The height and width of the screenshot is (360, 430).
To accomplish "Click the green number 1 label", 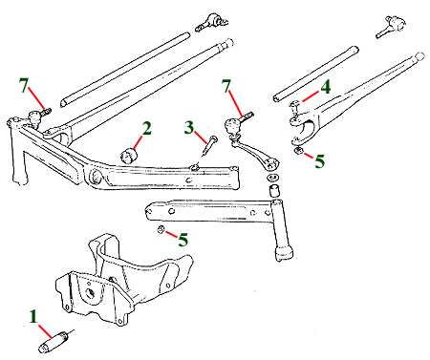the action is click(x=33, y=317).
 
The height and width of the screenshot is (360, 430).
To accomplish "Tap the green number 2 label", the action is click(x=146, y=129).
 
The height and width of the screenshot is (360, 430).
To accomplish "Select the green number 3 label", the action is click(x=189, y=127).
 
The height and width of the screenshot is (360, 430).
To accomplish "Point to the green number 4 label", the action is click(x=326, y=87).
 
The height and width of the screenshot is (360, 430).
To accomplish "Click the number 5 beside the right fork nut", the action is click(x=320, y=161).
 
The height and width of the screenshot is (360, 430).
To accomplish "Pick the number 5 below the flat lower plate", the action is click(x=183, y=240).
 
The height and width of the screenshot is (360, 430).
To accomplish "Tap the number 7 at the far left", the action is click(x=23, y=85).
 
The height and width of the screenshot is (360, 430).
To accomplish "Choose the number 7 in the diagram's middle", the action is click(x=226, y=86).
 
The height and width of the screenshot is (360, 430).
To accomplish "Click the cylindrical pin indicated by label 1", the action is click(x=54, y=342).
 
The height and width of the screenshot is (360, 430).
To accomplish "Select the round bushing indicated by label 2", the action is click(x=129, y=155).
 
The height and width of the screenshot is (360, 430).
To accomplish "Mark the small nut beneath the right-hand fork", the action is click(x=298, y=151).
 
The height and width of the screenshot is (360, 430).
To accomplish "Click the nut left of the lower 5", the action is click(x=161, y=229).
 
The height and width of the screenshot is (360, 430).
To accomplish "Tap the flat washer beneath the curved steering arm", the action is click(x=271, y=177).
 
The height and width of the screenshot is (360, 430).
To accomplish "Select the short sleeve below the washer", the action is click(x=273, y=190).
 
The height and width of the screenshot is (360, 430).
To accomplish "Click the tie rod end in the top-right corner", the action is click(x=391, y=27).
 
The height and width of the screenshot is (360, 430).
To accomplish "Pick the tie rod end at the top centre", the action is click(x=212, y=22).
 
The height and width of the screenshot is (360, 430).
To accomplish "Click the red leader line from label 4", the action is click(x=311, y=96).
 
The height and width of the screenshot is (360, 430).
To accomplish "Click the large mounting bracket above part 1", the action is click(x=124, y=280).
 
